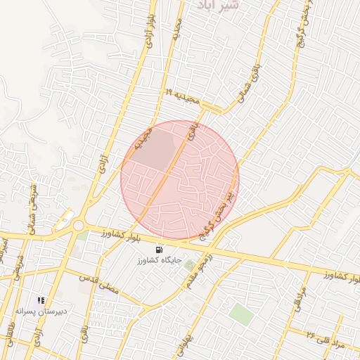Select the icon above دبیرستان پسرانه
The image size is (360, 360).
point(41,300)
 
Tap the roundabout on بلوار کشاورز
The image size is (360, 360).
point(78,226)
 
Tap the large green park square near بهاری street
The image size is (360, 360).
point(242,314)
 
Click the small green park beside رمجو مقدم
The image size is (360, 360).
point(188,263)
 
